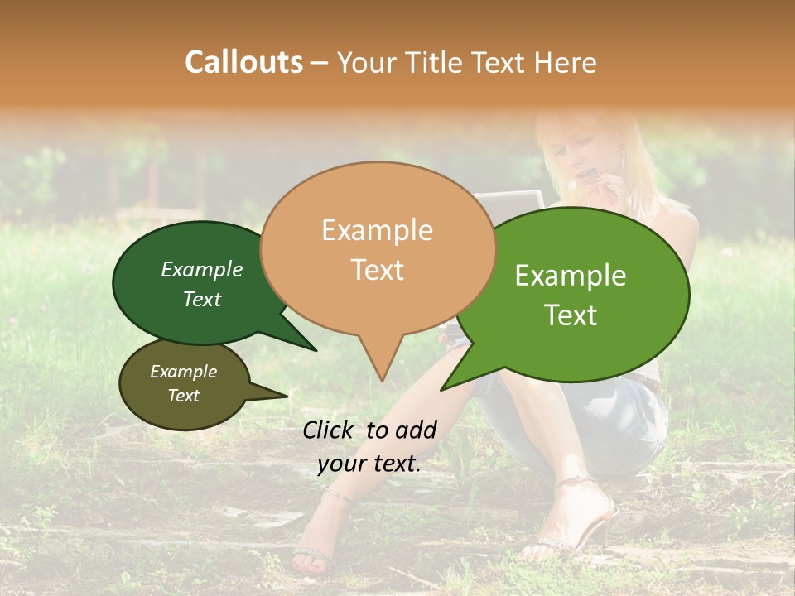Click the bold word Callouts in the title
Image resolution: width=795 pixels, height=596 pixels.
pos(243,62)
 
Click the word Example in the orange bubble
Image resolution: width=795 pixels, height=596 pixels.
pos(377,230)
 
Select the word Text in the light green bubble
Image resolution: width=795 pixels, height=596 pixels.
pos(571,315)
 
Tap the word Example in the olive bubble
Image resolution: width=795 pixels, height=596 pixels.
pos(184,372)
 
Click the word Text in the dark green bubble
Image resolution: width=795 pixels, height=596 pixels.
pos(202,299)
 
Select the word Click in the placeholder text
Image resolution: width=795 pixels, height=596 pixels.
pos(328,429)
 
